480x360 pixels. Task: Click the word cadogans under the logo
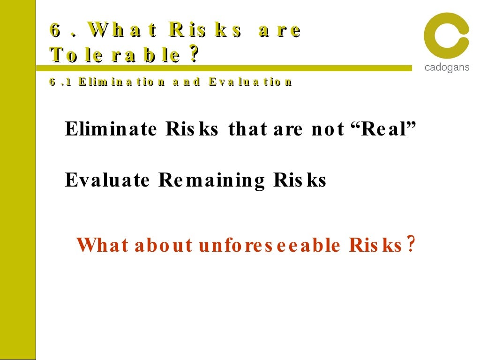(x=446, y=67)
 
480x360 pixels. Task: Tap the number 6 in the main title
(x=56, y=30)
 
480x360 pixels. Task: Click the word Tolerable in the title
(x=115, y=56)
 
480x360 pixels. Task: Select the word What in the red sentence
(x=102, y=245)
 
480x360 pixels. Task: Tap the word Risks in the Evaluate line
(x=300, y=180)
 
